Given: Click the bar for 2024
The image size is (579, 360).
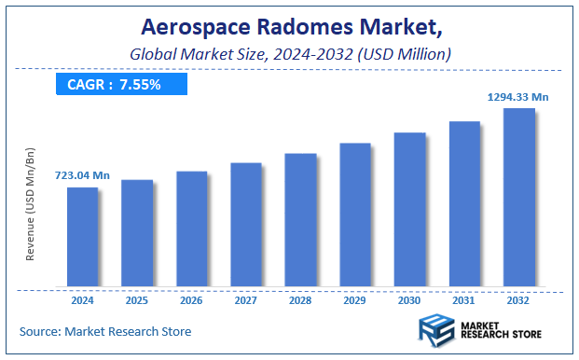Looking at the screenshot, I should click(x=82, y=237).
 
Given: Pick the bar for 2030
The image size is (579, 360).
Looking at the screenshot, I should click(x=409, y=209).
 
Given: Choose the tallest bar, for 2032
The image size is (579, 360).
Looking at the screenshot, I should click(x=518, y=197).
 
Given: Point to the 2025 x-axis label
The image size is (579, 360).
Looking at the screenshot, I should click(x=137, y=300).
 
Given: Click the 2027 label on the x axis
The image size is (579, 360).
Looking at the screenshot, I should click(x=246, y=300).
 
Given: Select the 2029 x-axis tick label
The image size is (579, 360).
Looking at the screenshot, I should click(x=355, y=300).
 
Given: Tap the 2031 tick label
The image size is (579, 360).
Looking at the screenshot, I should click(x=464, y=300).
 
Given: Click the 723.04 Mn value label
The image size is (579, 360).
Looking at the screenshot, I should click(x=82, y=175).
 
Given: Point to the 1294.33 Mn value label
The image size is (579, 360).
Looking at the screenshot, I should click(x=518, y=96).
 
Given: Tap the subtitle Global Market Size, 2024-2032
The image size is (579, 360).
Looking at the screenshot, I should click(x=289, y=55).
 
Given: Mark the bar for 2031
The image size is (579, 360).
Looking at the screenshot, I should click(x=464, y=203).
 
